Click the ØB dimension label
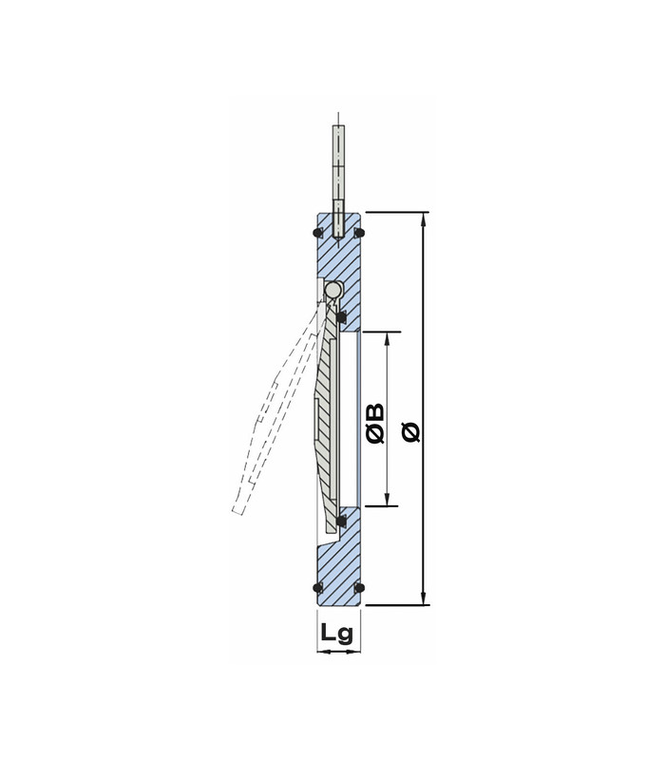click(375, 424)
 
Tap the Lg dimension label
click(337, 632)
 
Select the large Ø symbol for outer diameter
click(411, 432)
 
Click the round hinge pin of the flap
click(332, 290)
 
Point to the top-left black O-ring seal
click(317, 233)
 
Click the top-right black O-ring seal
click(359, 233)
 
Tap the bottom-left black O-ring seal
click(317, 588)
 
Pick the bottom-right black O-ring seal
click(359, 588)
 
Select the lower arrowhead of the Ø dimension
click(424, 598)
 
